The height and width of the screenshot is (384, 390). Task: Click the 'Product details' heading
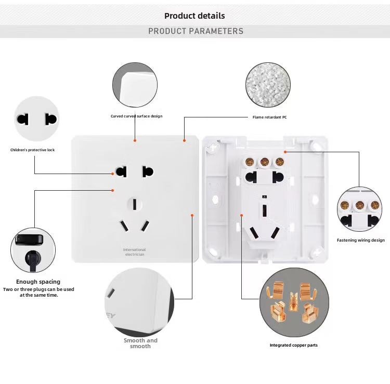point(194,16)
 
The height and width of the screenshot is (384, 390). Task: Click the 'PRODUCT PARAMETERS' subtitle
point(196,31)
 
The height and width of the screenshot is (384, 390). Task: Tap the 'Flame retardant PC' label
point(269,117)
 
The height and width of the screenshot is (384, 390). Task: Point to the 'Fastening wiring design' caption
point(360,240)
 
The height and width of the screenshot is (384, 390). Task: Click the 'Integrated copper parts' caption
point(293,345)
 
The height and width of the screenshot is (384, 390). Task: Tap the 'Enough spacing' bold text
point(38,282)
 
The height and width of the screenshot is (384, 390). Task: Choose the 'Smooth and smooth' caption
point(140,343)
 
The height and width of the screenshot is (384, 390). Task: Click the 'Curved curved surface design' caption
point(136,116)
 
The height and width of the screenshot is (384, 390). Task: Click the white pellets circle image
point(268,85)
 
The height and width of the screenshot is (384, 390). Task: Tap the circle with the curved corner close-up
point(134,84)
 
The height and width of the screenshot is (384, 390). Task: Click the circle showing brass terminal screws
point(359,209)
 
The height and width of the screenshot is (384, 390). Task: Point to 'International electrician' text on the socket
point(134,252)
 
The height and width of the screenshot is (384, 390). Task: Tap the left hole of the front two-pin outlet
point(122,171)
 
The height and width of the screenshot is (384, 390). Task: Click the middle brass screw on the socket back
point(265,162)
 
